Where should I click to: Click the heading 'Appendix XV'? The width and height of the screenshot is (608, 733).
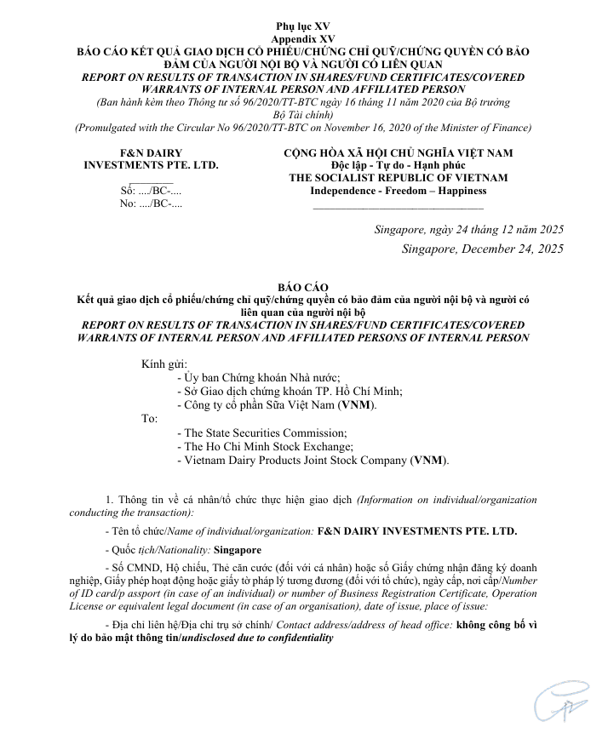[x=304, y=40]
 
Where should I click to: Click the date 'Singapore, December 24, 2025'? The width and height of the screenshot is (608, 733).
[x=483, y=249]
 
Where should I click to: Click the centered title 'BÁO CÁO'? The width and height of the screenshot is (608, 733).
[x=303, y=288]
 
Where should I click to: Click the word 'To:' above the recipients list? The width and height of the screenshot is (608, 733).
[x=149, y=419]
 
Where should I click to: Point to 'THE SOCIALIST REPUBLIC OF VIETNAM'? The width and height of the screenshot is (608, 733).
[x=398, y=178]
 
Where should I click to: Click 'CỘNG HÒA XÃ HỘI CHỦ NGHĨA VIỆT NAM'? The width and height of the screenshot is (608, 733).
[x=398, y=152]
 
